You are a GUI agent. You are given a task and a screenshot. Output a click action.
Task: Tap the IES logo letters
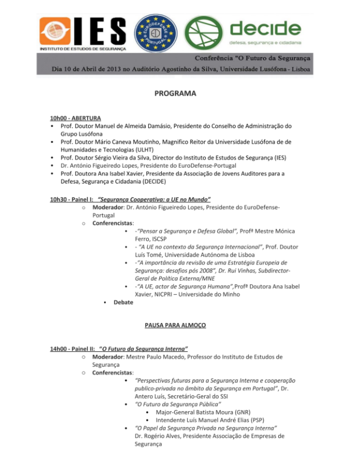pyautogui.click(x=98, y=29)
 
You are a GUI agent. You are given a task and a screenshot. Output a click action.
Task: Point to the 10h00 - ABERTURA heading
pyautogui.click(x=76, y=118)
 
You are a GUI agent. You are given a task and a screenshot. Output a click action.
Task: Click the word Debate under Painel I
pyautogui.click(x=123, y=302)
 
